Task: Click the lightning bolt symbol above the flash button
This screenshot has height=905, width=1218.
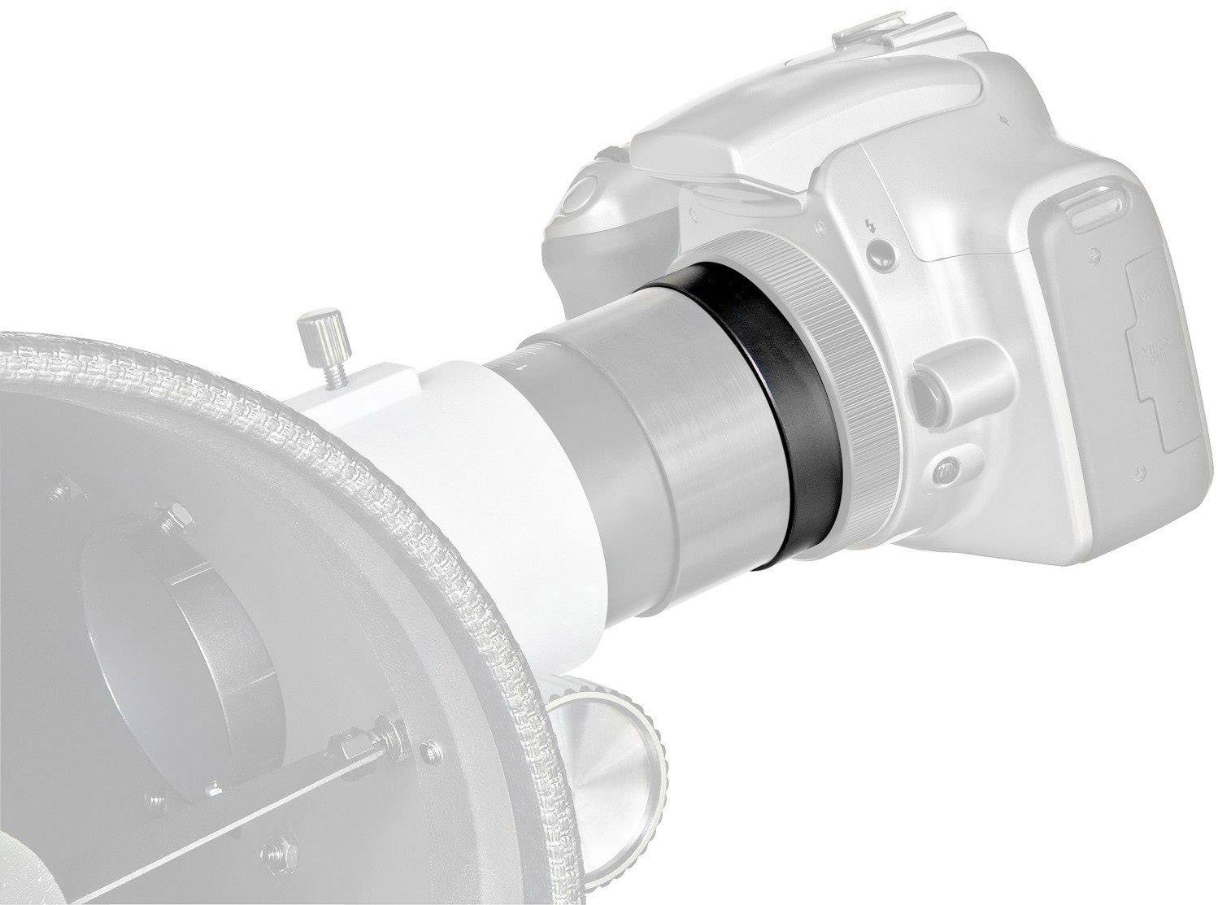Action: (871, 225)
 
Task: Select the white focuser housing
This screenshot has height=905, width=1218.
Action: (488, 455)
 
